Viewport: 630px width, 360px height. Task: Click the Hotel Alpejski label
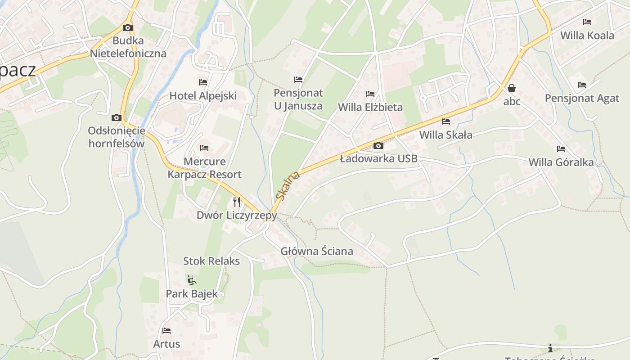pyautogui.click(x=203, y=95)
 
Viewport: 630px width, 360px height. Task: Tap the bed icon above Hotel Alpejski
pyautogui.click(x=203, y=82)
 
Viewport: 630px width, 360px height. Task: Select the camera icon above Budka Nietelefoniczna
pyautogui.click(x=128, y=27)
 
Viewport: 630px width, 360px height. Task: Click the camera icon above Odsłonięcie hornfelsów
pyautogui.click(x=117, y=118)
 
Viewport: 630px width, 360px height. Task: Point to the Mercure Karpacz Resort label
pyautogui.click(x=205, y=168)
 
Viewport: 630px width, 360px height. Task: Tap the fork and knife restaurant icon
pyautogui.click(x=237, y=202)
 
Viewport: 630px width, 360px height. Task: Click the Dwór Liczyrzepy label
pyautogui.click(x=237, y=216)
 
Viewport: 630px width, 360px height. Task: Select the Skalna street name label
pyautogui.click(x=288, y=185)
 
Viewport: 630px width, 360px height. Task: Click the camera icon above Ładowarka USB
pyautogui.click(x=378, y=145)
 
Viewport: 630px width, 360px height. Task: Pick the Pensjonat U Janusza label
pyautogui.click(x=298, y=99)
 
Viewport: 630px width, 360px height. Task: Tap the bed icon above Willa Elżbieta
pyautogui.click(x=370, y=94)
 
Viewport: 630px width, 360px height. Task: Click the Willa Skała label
pyautogui.click(x=446, y=135)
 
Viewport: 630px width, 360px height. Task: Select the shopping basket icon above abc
pyautogui.click(x=512, y=88)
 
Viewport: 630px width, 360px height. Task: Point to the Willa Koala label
pyautogui.click(x=587, y=35)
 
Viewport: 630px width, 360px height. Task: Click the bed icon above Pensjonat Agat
pyautogui.click(x=582, y=85)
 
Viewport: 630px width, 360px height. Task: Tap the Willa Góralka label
pyautogui.click(x=561, y=162)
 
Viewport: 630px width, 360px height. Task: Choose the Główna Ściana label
pyautogui.click(x=317, y=251)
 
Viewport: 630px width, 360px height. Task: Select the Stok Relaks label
pyautogui.click(x=211, y=261)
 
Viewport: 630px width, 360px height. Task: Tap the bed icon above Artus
pyautogui.click(x=166, y=331)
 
